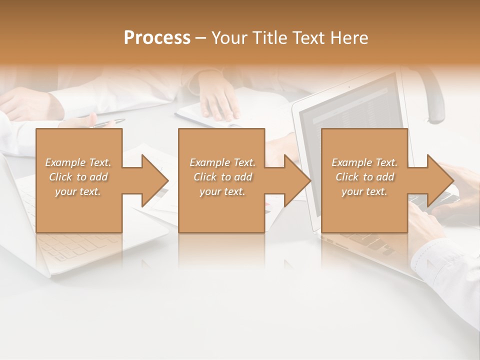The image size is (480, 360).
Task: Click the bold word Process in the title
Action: [x=157, y=37]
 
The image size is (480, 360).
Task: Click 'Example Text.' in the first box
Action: [x=78, y=162]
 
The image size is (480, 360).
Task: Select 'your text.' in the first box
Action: [x=78, y=191]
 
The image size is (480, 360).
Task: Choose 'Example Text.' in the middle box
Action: [x=222, y=162]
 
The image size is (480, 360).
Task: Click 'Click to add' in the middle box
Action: [x=222, y=177]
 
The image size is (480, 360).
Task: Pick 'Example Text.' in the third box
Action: [x=364, y=162]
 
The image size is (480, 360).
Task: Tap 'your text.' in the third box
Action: [x=364, y=191]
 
